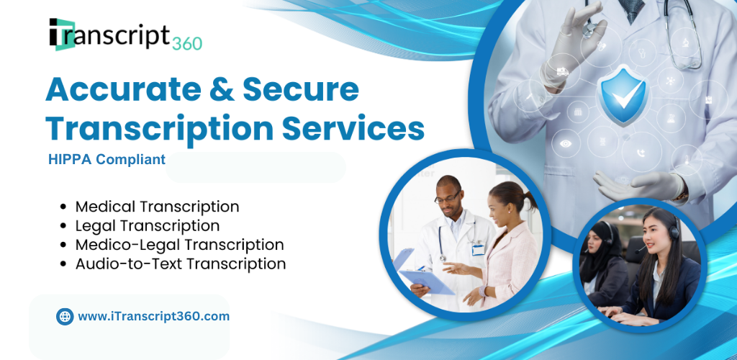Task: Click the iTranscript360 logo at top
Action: click(x=125, y=35)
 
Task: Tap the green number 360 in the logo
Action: click(x=187, y=43)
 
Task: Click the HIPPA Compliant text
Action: click(x=107, y=160)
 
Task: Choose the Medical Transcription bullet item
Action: click(x=157, y=207)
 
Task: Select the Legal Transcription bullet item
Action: click(x=147, y=225)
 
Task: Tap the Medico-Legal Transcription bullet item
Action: click(x=179, y=244)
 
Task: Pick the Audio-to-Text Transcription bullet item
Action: click(x=181, y=264)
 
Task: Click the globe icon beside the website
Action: click(x=65, y=316)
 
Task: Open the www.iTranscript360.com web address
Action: click(x=154, y=316)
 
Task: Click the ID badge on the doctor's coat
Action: click(x=478, y=249)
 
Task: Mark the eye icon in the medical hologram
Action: click(x=566, y=143)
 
